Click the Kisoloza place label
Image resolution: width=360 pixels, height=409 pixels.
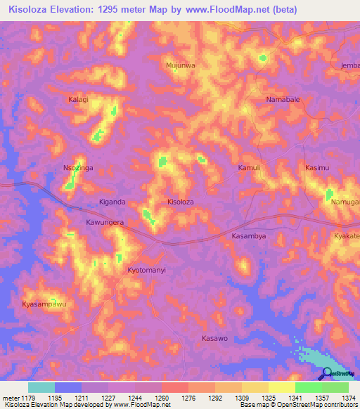point(180,202)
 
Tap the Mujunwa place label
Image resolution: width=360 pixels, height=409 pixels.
point(180,65)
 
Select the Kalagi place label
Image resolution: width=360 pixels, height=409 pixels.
point(78,100)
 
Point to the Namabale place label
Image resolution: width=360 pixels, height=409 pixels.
point(283,100)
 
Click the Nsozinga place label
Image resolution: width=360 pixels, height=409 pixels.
point(78,168)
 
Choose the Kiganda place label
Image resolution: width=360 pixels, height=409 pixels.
point(112,202)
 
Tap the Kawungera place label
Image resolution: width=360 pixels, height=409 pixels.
point(105,222)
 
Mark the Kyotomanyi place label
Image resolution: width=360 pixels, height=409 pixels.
point(146,270)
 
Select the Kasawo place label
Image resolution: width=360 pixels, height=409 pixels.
point(214,338)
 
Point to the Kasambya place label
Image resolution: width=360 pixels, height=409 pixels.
point(249,236)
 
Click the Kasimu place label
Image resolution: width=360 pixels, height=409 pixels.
point(317,168)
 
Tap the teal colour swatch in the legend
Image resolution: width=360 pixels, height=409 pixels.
point(41,387)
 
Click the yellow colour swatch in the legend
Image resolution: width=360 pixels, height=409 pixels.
point(281,387)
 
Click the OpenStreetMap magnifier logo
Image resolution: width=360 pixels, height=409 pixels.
point(328,374)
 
